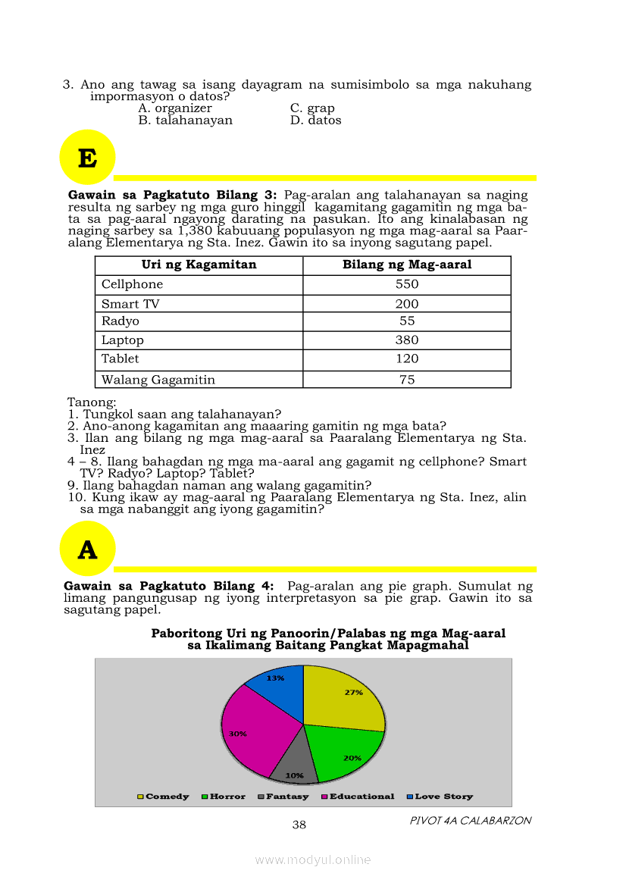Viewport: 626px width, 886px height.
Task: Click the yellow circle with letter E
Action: coord(87,158)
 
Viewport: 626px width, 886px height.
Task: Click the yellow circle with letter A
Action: coord(87,549)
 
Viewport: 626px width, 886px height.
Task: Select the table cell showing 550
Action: coord(407,284)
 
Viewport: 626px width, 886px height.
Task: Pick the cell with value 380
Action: coord(407,340)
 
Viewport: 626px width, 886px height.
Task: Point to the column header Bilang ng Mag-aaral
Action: coord(407,265)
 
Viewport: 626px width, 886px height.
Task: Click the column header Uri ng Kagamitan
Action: coord(199,265)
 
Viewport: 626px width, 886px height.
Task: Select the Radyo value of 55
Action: coord(407,321)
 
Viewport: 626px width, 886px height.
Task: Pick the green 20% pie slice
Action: coord(345,754)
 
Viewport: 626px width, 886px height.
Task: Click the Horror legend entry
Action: coord(224,797)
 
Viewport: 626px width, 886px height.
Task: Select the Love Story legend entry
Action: coord(440,797)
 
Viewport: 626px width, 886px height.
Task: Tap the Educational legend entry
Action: coord(358,797)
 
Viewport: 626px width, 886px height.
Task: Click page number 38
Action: coord(299,825)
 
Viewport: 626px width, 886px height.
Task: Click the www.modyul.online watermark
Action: coord(312,859)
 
